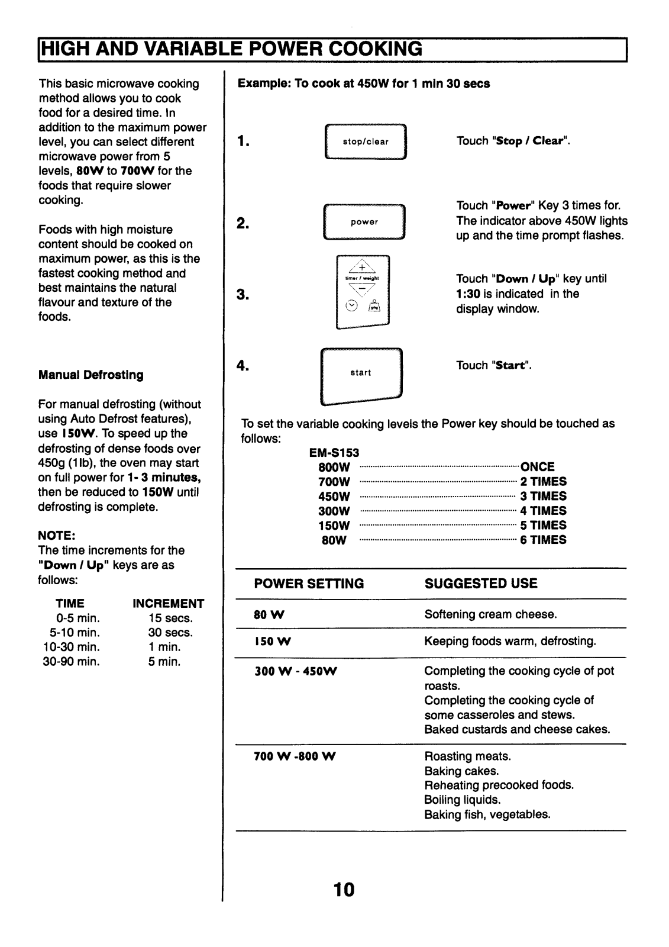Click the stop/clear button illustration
(366, 141)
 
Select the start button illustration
(361, 373)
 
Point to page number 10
(344, 889)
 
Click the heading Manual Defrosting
(91, 375)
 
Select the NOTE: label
(56, 536)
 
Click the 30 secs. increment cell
(170, 633)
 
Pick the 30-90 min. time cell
(72, 662)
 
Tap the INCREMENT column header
(168, 604)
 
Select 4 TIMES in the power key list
(543, 511)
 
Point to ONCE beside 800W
(537, 467)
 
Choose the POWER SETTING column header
(309, 584)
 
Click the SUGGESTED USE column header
(481, 584)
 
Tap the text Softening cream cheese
(490, 614)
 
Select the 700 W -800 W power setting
(295, 756)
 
